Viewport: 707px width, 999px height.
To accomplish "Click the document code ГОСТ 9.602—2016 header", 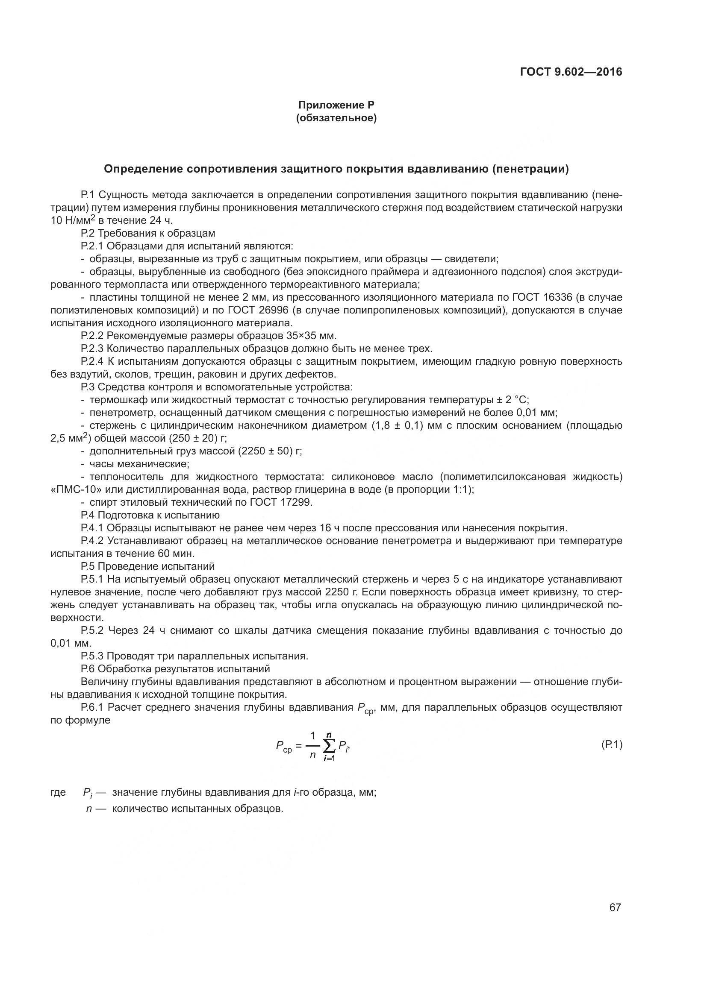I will coord(571,72).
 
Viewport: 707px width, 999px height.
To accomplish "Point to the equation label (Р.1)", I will coord(612,744).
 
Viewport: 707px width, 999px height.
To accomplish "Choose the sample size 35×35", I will coord(303,336).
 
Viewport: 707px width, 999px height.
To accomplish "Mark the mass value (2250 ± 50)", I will coord(265,451).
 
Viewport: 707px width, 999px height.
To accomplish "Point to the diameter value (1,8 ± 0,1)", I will coord(398,425).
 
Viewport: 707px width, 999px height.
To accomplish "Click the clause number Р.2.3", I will coord(92,349).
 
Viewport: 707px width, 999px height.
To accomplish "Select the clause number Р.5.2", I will coord(93,630).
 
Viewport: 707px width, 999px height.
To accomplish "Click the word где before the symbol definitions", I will coord(58,792).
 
